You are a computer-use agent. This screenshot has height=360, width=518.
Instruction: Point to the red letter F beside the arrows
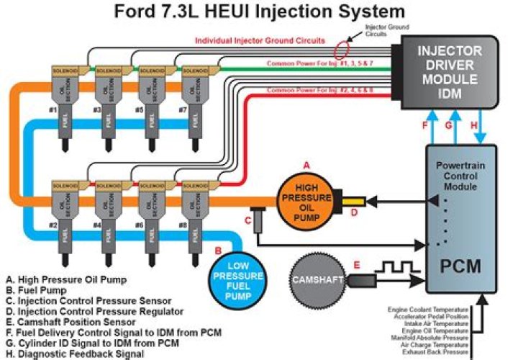click(424, 125)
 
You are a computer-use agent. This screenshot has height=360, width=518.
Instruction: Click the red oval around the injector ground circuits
click(344, 50)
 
